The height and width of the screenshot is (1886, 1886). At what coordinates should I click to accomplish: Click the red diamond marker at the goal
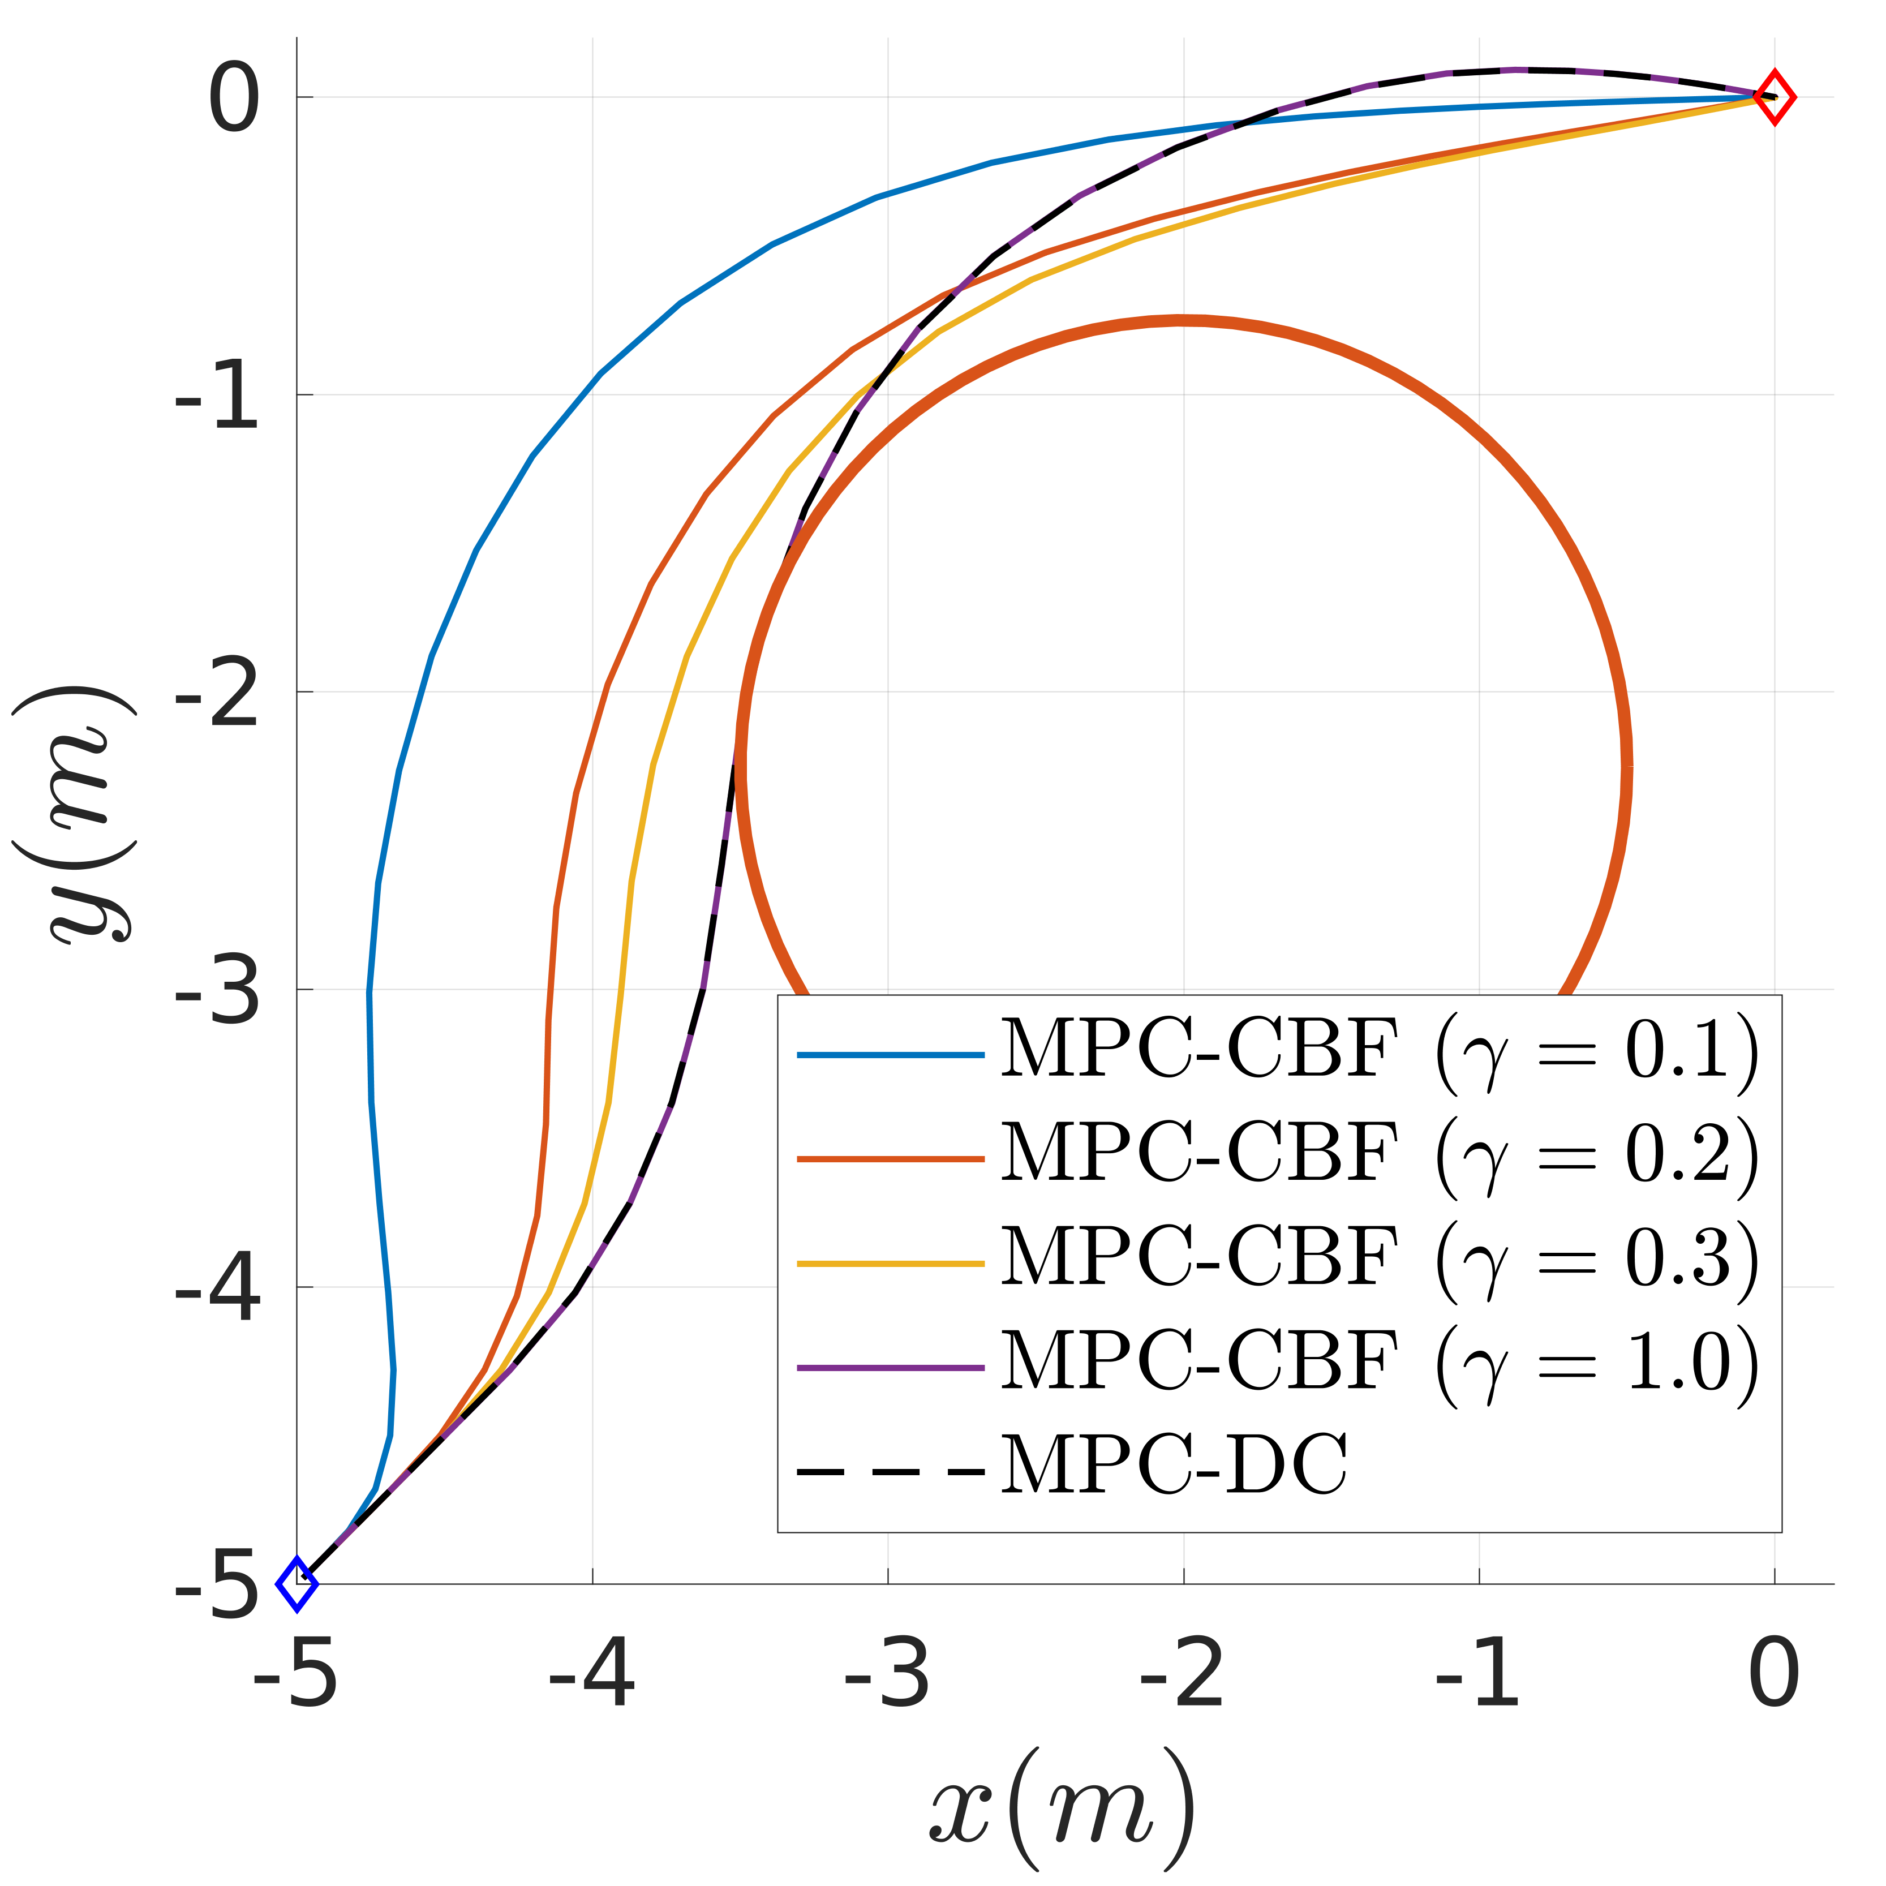tap(1774, 98)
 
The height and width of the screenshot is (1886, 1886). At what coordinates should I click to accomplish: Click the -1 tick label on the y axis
tap(217, 396)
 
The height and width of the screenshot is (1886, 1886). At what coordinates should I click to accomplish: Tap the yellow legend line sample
tap(890, 1263)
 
